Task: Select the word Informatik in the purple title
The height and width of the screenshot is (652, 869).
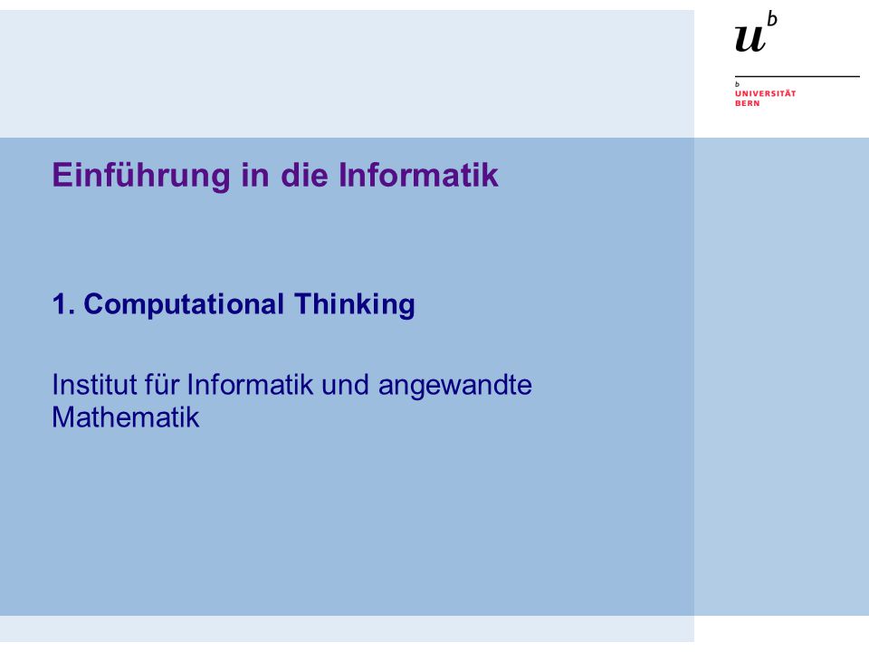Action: tap(418, 175)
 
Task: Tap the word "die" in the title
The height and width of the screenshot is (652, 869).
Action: tap(304, 175)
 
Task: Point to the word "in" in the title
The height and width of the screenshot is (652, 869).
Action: tap(255, 175)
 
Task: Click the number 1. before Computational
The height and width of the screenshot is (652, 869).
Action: tap(63, 304)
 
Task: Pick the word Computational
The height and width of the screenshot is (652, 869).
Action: tap(184, 305)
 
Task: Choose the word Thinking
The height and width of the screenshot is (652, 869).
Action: tap(354, 305)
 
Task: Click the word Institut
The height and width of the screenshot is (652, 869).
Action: tap(94, 384)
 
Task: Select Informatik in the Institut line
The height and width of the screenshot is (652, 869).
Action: tap(250, 384)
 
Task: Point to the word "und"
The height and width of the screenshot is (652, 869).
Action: tap(345, 384)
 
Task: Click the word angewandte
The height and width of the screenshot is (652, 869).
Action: tap(455, 386)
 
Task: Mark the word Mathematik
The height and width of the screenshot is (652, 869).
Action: tap(126, 417)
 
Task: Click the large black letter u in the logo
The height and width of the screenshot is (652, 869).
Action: tap(750, 39)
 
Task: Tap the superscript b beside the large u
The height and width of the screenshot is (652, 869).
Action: tap(772, 19)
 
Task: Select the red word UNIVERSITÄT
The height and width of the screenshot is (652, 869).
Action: tap(766, 93)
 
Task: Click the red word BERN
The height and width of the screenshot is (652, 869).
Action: tap(747, 103)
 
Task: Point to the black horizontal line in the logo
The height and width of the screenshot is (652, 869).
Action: tap(797, 76)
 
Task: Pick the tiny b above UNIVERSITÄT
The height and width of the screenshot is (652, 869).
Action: tap(737, 84)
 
